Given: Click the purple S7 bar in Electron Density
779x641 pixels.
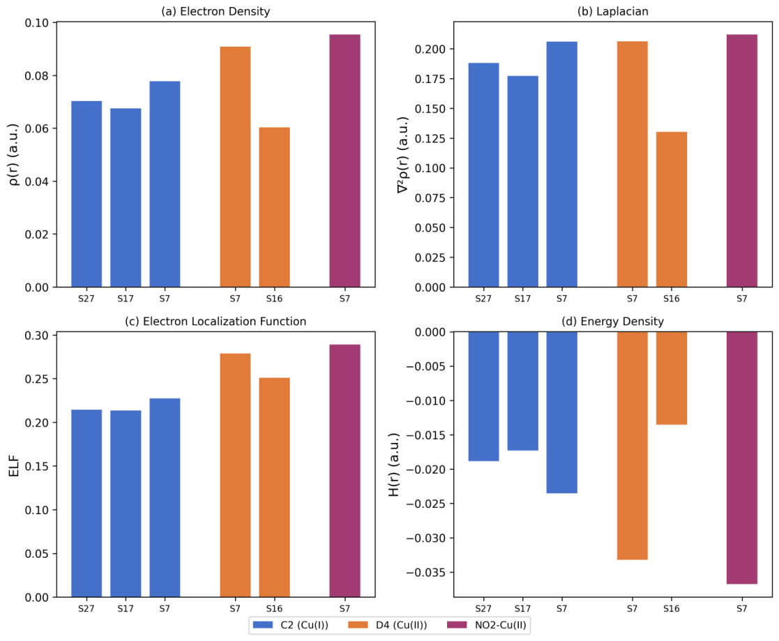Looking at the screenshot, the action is point(345,160).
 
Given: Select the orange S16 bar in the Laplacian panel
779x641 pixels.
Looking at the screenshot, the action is point(671,209).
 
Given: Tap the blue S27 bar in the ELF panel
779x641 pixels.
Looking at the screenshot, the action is point(86,503).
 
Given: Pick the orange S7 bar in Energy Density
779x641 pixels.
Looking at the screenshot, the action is point(632,446).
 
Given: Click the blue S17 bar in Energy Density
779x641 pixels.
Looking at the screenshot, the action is point(522,391).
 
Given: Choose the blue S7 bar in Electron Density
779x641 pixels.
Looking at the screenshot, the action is point(165,184).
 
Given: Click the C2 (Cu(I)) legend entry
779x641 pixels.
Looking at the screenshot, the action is point(291,624).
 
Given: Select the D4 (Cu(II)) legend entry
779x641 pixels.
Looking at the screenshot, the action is point(388,624).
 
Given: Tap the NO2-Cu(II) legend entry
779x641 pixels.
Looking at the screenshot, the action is point(486,624).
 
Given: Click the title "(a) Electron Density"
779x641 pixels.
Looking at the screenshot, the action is point(215,11).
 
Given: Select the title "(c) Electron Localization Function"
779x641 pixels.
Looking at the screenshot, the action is point(215,322).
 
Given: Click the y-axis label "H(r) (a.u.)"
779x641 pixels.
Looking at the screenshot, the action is point(394,464).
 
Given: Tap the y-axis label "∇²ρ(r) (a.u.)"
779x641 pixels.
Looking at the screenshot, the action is point(403,155).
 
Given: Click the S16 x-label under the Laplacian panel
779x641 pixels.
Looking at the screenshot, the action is point(671,299).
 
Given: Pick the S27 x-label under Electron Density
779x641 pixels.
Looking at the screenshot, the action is point(86,299).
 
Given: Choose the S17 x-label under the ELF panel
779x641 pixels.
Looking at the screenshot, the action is point(126,608).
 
